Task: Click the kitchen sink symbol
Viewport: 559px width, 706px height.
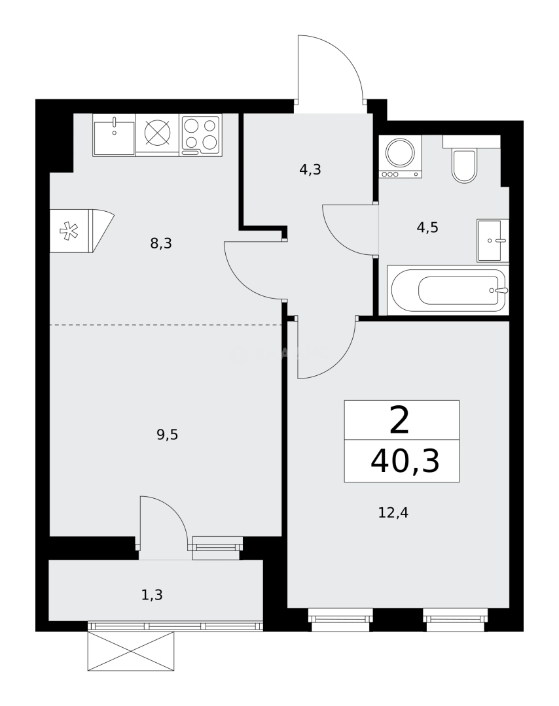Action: [x=114, y=135]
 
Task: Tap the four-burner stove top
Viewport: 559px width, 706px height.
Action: [x=200, y=135]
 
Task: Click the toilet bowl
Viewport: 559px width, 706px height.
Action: [x=464, y=165]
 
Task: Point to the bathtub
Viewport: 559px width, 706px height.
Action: [x=448, y=290]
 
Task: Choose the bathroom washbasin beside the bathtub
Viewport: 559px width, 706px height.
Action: [x=492, y=241]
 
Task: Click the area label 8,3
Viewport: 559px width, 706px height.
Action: [x=161, y=244]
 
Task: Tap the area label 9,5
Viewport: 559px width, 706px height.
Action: [x=168, y=435]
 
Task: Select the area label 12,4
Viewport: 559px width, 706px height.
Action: [x=393, y=513]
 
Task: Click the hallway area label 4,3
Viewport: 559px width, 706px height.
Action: [x=310, y=170]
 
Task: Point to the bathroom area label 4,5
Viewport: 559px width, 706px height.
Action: [x=427, y=227]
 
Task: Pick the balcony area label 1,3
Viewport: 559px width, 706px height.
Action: [x=152, y=595]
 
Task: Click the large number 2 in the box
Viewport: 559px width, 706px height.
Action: [x=399, y=420]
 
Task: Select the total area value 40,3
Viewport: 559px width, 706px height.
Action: [x=405, y=461]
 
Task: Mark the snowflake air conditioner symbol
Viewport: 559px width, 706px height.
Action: [x=69, y=231]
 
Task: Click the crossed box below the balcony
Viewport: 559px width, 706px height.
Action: [x=132, y=651]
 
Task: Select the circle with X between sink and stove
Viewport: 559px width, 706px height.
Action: [x=157, y=133]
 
